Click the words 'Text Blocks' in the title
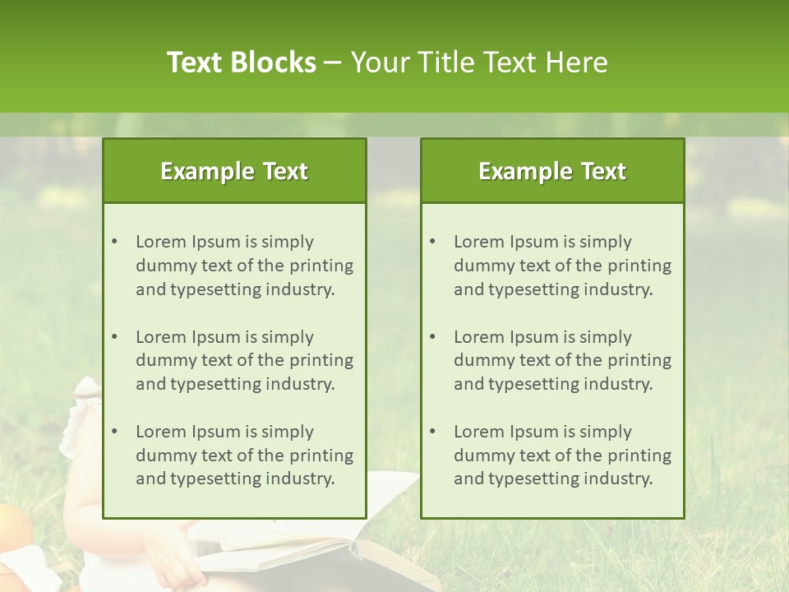coord(241,62)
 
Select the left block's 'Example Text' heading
coord(234,171)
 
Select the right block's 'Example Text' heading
coord(552,171)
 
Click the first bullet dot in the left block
coord(115,242)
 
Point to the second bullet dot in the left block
coord(115,337)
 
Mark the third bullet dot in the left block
coord(115,432)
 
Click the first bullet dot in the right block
coord(433,242)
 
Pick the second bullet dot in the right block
coord(433,337)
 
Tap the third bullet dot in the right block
coord(433,432)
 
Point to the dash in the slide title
coord(333,62)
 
